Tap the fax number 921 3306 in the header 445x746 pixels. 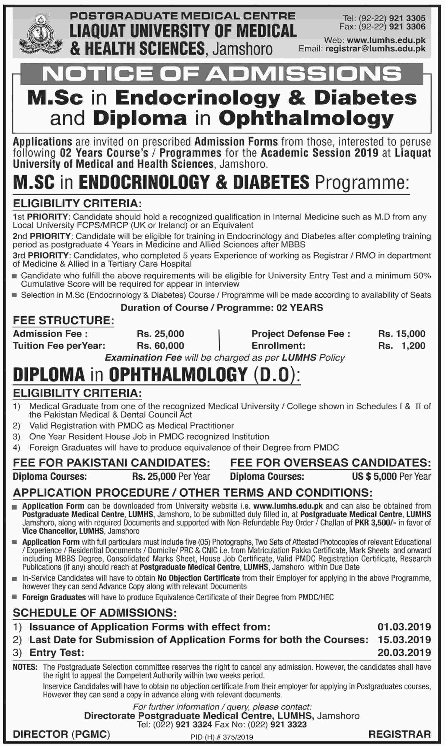(x=407, y=27)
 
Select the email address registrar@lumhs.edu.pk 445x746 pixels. (x=375, y=49)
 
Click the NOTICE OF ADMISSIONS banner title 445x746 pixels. (x=222, y=74)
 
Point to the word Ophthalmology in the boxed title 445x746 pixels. (x=306, y=119)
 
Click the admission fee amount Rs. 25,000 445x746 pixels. (x=160, y=334)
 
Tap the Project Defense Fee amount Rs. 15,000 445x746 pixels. (x=402, y=334)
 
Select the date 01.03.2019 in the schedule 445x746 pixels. (x=404, y=627)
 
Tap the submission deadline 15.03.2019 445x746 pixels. (x=404, y=640)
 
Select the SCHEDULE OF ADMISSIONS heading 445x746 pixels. (x=95, y=613)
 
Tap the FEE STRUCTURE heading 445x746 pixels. (x=63, y=320)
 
